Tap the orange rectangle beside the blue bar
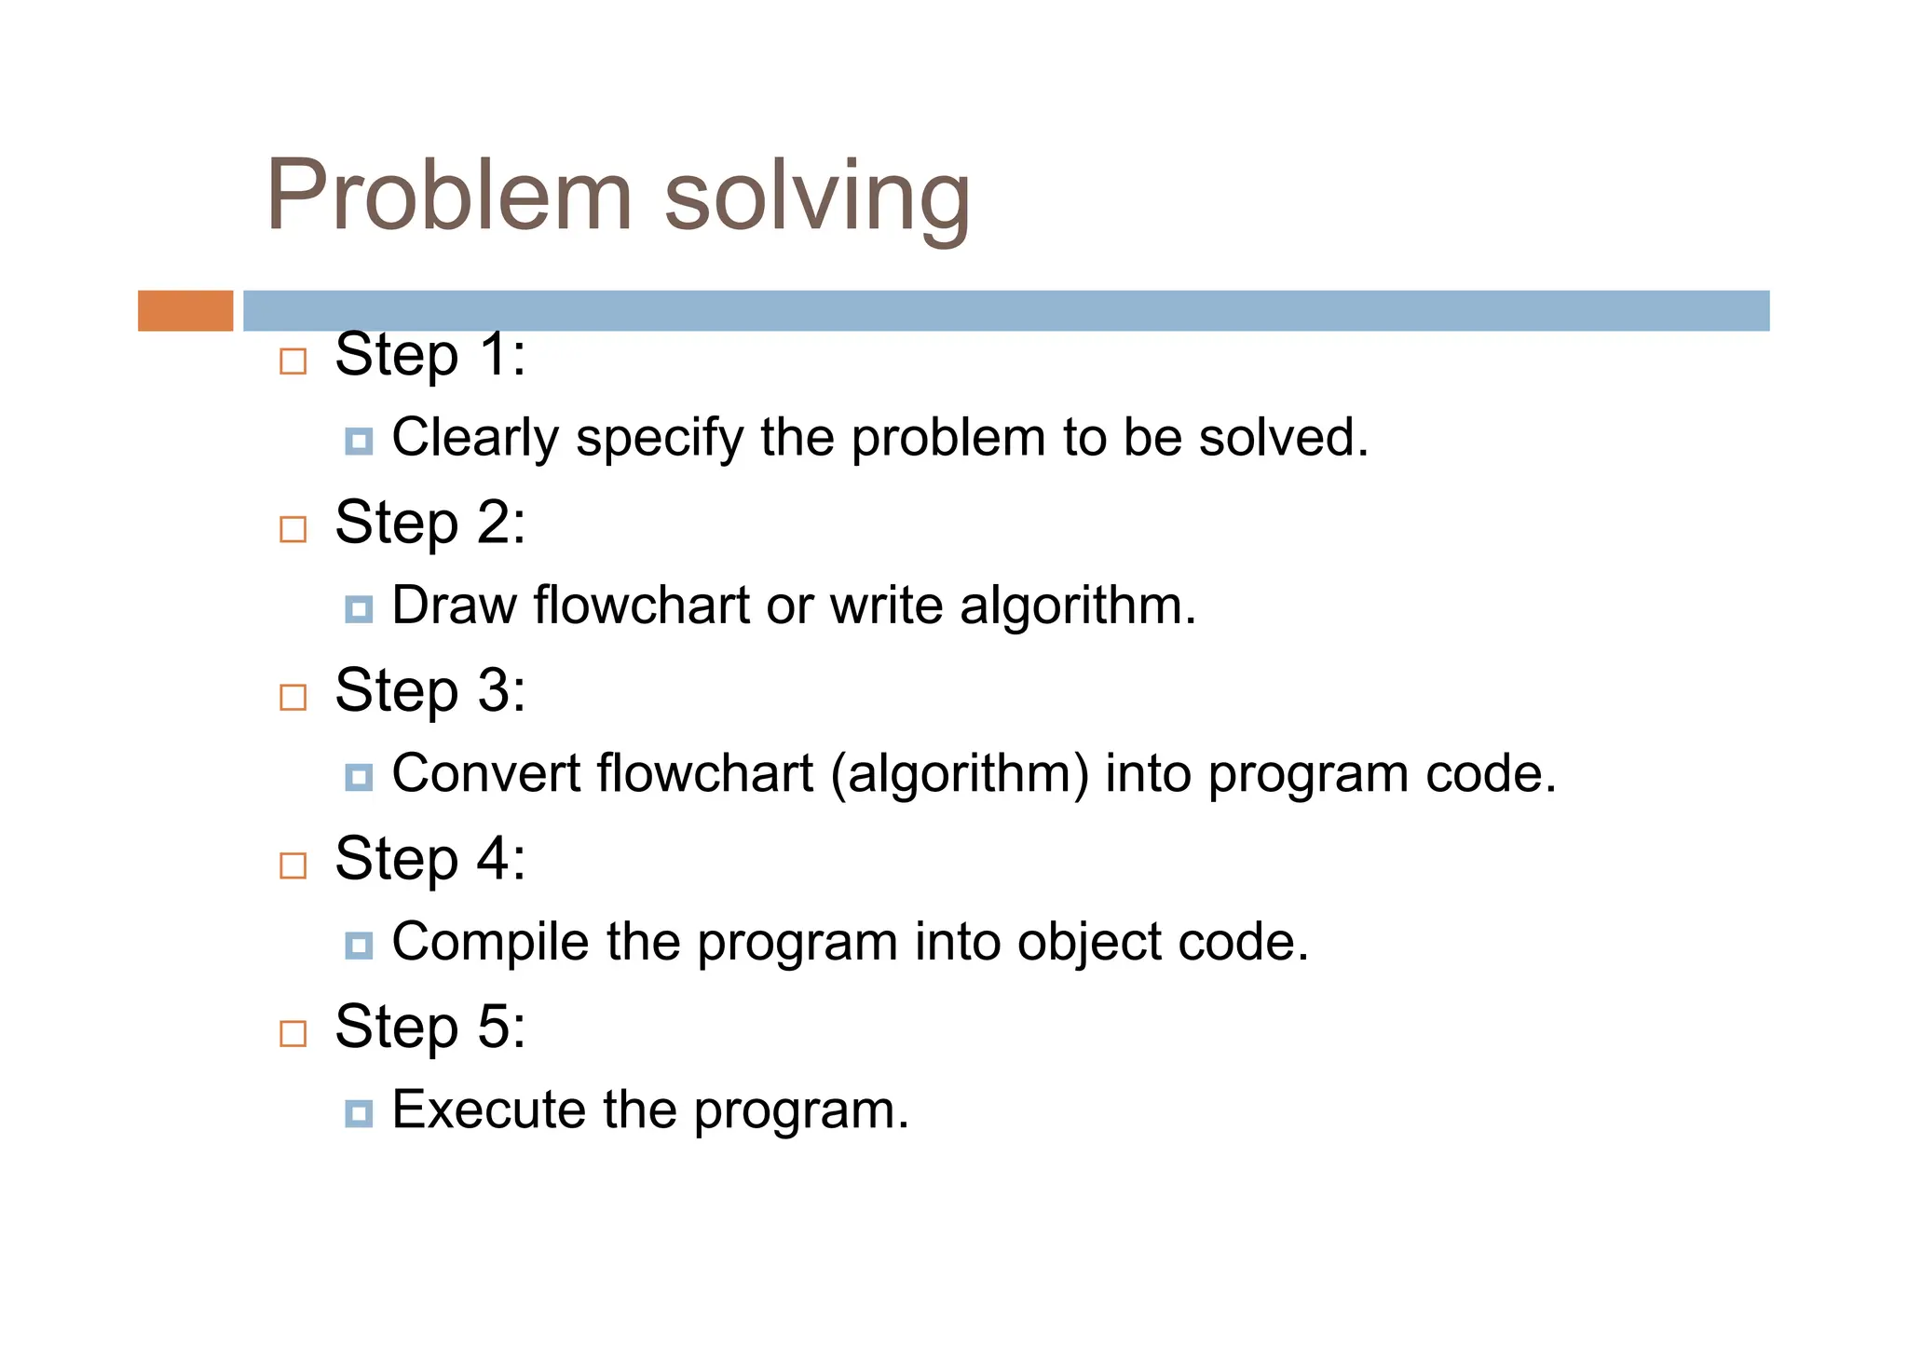(185, 310)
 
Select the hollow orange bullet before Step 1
(293, 361)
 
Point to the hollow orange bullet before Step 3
(293, 697)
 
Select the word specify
(659, 438)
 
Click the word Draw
(454, 606)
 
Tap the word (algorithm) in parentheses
(959, 774)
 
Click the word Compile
(490, 942)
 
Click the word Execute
(488, 1110)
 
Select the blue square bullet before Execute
(359, 1113)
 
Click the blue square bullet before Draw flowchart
(359, 609)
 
